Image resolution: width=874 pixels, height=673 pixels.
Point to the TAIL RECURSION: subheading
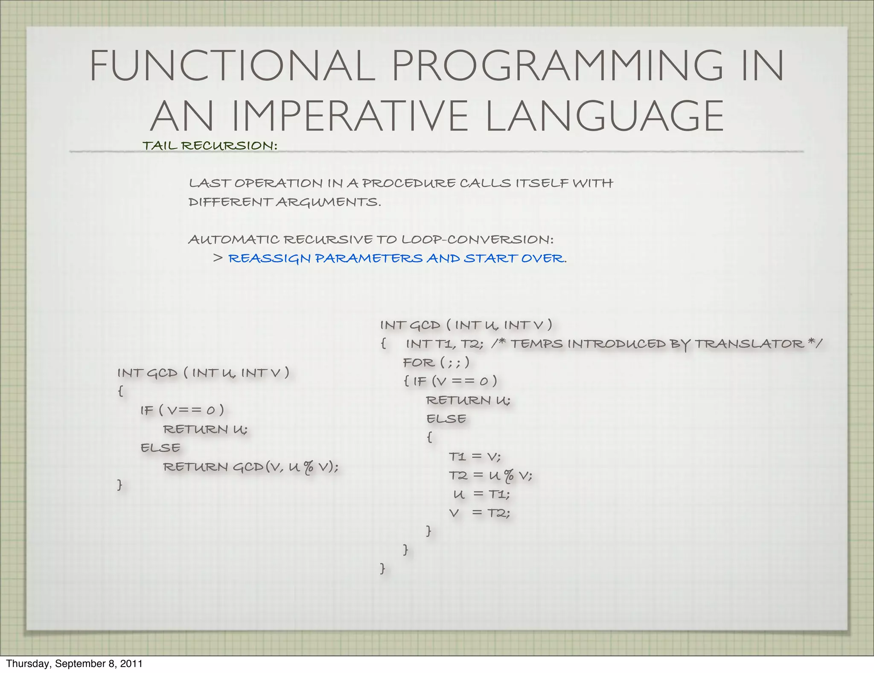(x=210, y=146)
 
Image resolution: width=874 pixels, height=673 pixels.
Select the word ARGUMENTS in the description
(x=328, y=202)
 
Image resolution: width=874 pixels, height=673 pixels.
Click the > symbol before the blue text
(x=218, y=258)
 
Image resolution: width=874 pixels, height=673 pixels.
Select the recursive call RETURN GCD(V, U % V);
(x=251, y=467)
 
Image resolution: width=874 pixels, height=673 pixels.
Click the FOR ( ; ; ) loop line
(x=436, y=363)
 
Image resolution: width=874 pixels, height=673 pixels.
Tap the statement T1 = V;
(x=475, y=457)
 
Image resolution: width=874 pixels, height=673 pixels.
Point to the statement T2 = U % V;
(x=490, y=476)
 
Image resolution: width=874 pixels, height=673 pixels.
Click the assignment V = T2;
(x=479, y=513)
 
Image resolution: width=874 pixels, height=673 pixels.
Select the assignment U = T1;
(x=481, y=495)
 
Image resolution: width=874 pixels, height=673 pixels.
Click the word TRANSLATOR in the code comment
(x=749, y=344)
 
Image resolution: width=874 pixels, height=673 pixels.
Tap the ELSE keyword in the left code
(x=160, y=448)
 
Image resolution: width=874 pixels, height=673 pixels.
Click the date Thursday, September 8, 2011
(x=74, y=664)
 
